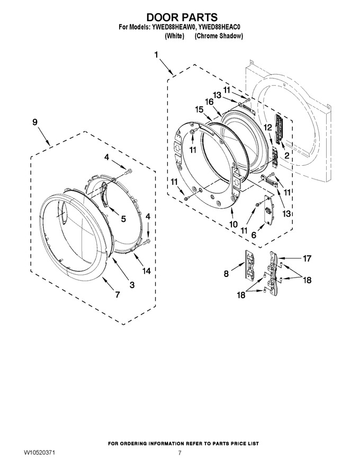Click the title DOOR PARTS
pyautogui.click(x=182, y=16)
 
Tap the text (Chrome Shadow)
pyautogui.click(x=219, y=36)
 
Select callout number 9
pyautogui.click(x=35, y=122)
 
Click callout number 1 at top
pyautogui.click(x=156, y=55)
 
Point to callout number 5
pyautogui.click(x=123, y=219)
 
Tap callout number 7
pyautogui.click(x=118, y=294)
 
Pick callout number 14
pyautogui.click(x=146, y=271)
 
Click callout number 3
pyautogui.click(x=132, y=285)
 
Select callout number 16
pyautogui.click(x=209, y=102)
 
